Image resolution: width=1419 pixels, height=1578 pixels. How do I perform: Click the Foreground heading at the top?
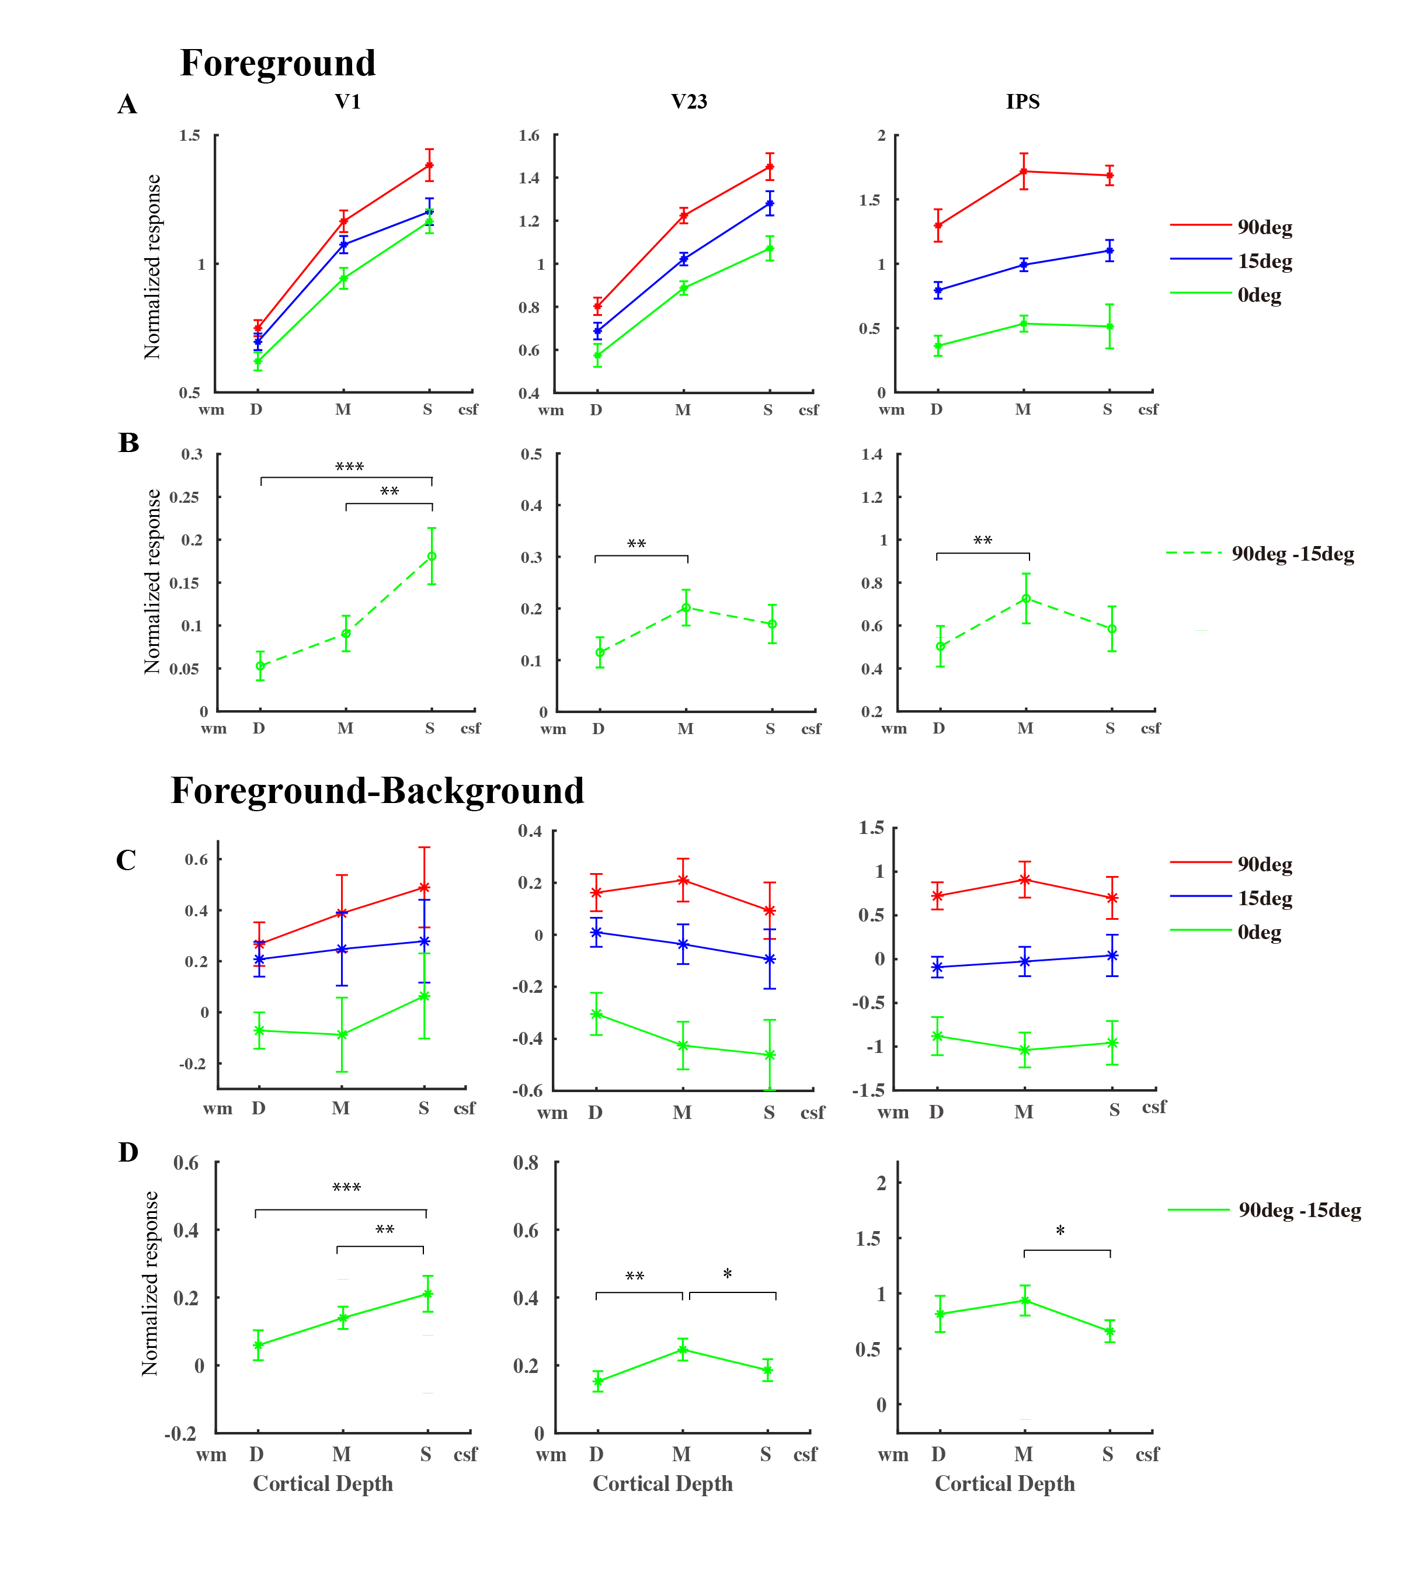tap(277, 63)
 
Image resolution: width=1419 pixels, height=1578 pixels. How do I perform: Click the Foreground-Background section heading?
tap(377, 791)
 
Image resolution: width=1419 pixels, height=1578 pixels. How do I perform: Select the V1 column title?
tap(347, 102)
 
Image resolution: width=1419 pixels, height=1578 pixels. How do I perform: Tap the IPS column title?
tap(1022, 102)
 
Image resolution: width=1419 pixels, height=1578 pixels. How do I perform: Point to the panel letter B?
tap(128, 443)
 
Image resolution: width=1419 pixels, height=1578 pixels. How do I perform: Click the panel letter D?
tap(128, 1152)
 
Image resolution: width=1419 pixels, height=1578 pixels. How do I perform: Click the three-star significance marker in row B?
tap(349, 467)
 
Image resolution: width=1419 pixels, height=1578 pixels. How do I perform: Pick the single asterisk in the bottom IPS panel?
tap(1059, 1232)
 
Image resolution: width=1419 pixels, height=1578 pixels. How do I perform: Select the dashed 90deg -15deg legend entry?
tap(1261, 554)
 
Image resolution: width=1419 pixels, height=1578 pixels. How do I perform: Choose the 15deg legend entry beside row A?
tap(1232, 261)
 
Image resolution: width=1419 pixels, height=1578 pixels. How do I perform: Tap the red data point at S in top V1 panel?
tap(429, 165)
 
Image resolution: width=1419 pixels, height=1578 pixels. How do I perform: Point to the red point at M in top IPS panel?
tap(1024, 172)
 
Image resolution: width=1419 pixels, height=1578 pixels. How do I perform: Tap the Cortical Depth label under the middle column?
tap(663, 1483)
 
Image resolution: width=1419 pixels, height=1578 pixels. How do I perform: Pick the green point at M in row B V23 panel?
tap(686, 608)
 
